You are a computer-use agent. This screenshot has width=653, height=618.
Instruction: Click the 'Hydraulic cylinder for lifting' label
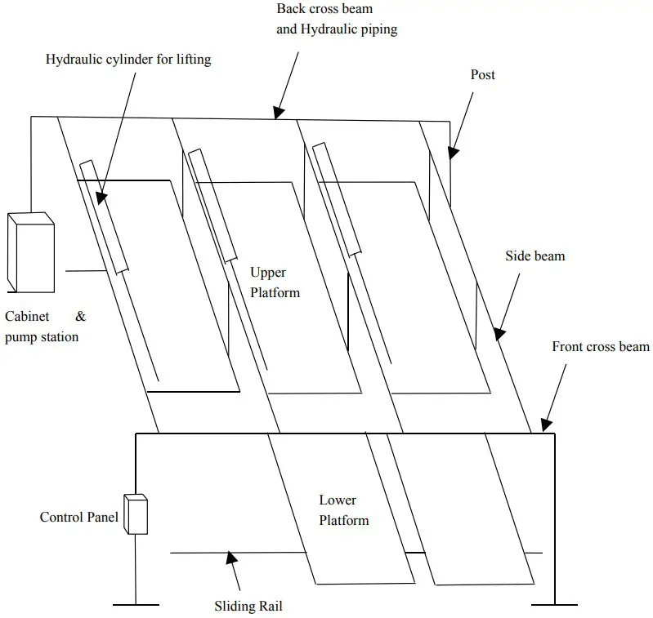[x=128, y=60]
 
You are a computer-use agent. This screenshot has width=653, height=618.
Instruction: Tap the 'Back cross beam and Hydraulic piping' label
[x=337, y=20]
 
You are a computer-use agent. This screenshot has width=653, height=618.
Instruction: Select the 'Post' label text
[x=483, y=75]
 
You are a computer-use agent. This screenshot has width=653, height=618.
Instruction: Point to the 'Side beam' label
[x=535, y=256]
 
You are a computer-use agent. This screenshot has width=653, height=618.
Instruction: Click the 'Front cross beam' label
[x=601, y=347]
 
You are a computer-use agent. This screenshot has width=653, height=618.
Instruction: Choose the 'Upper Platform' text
[x=275, y=282]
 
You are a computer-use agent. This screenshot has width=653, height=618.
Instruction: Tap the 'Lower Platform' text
[x=343, y=510]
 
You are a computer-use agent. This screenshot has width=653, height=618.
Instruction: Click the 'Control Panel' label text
[x=79, y=517]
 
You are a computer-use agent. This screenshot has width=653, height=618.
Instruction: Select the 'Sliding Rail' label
[x=248, y=607]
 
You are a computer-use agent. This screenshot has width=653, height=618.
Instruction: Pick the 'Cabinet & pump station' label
[x=45, y=327]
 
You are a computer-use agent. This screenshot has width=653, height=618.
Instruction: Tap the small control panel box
[x=135, y=514]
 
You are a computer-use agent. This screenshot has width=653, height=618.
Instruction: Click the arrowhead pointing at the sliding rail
[x=231, y=560]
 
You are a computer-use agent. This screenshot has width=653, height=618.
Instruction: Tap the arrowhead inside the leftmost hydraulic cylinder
[x=99, y=197]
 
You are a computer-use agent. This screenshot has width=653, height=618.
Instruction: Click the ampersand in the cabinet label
[x=81, y=316]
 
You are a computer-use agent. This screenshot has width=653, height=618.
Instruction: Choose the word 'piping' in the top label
[x=378, y=29]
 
